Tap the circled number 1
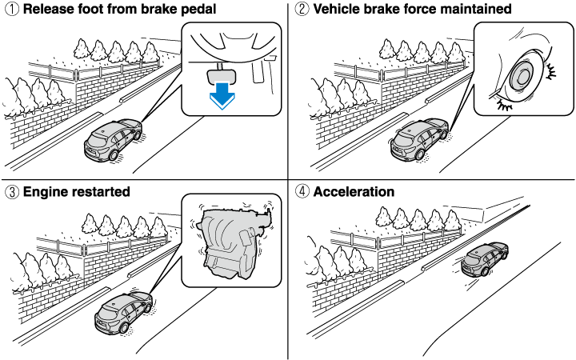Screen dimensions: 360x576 click(x=10, y=10)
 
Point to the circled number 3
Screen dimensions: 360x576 click(x=10, y=192)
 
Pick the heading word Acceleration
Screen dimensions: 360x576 click(x=354, y=192)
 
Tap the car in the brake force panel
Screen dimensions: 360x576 click(x=416, y=140)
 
